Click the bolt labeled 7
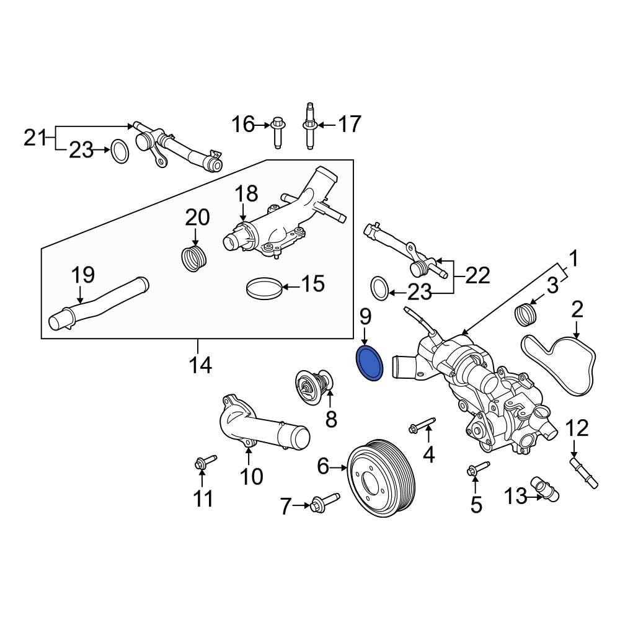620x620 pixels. point(325,500)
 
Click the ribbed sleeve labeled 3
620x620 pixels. point(526,314)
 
